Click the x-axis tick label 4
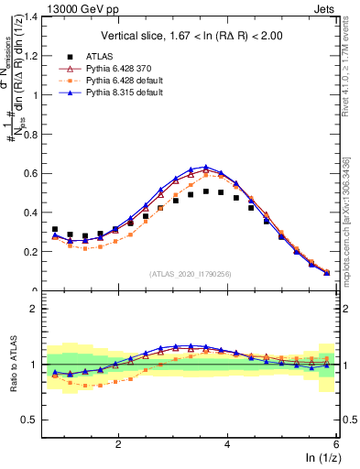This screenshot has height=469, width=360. [x=227, y=443]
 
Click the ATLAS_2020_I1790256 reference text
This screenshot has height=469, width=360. [x=191, y=274]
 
